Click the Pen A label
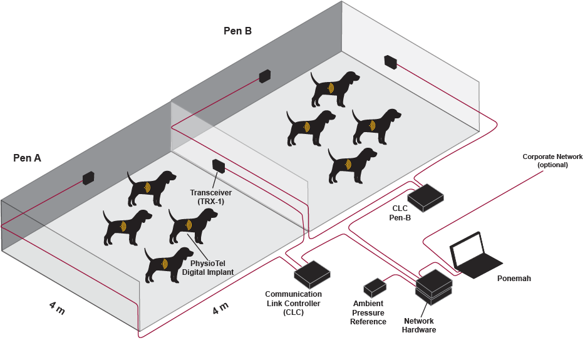28,158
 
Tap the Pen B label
237,31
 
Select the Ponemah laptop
474,255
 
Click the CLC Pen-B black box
426,197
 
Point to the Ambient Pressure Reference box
375,287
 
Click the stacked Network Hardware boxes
434,286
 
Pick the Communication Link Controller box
313,273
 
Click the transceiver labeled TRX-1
219,166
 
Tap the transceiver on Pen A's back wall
88,178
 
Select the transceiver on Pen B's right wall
391,61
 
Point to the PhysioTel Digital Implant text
208,267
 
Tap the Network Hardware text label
418,325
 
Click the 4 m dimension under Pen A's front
56,308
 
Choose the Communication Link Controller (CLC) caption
293,302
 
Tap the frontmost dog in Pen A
167,264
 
